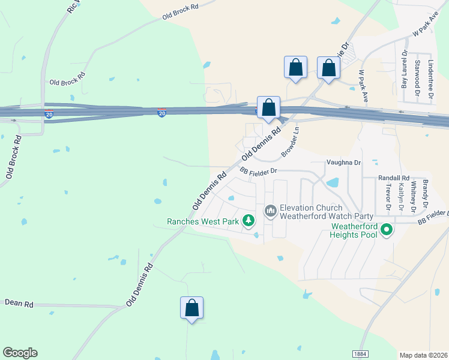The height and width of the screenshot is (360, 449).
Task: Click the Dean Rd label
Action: coord(19,304)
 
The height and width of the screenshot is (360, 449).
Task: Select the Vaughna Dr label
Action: coord(344,163)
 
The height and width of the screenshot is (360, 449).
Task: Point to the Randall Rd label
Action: coord(393,178)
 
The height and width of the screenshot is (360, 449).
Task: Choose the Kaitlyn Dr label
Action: coord(401,199)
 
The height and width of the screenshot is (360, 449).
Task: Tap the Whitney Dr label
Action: coord(413,199)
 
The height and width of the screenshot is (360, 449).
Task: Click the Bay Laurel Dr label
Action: coord(404,73)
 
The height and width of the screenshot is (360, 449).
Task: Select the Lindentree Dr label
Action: coord(430,79)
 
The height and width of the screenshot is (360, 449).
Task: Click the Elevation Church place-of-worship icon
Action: coord(270,210)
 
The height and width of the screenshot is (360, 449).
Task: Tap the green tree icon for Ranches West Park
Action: coord(249,221)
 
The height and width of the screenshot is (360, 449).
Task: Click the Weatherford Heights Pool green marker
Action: coord(387,229)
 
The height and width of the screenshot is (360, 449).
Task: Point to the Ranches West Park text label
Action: coord(203,221)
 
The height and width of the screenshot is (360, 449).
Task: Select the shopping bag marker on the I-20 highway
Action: coord(269,108)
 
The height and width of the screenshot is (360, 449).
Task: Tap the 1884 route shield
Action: coord(360,355)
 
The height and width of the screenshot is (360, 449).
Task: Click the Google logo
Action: coord(20,353)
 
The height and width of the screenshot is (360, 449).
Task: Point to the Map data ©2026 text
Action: coord(424,355)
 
